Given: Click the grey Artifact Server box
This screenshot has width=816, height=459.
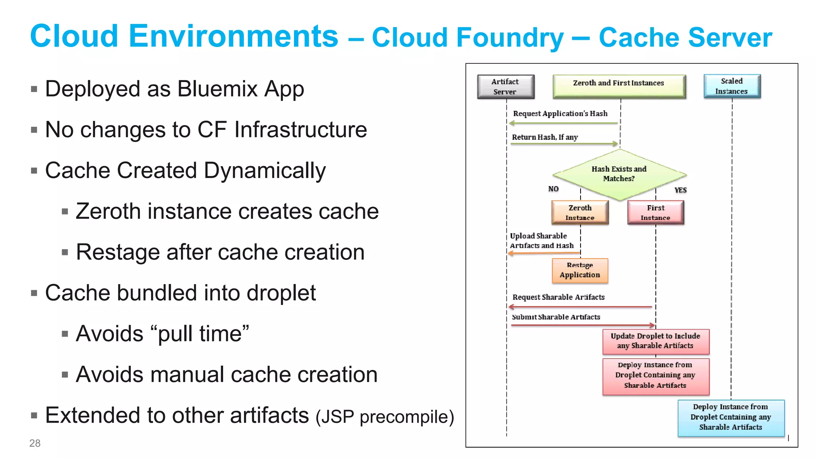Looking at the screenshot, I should (x=505, y=86).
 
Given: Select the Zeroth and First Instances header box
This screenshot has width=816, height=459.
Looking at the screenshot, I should (x=619, y=86).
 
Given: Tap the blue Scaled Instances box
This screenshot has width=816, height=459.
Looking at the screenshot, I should (x=732, y=86).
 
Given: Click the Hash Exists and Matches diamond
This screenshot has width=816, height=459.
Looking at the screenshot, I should (x=619, y=175).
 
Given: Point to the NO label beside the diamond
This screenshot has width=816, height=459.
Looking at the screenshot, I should (x=553, y=189).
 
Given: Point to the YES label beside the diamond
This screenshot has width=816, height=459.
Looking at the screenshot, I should (x=680, y=190).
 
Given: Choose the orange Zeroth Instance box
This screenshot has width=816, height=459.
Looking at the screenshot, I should (x=580, y=212).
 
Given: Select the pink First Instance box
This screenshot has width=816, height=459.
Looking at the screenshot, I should (x=655, y=212).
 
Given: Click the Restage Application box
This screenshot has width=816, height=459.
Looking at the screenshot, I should (x=580, y=270).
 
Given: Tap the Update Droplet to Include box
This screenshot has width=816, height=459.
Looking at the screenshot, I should (x=655, y=341).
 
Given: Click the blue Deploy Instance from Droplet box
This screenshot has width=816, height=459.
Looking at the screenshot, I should (x=731, y=417).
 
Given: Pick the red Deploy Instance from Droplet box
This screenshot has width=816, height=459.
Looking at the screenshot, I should (x=655, y=376).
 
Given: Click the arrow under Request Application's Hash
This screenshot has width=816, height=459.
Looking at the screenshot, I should (x=563, y=123).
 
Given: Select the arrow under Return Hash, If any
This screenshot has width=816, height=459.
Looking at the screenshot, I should (x=563, y=143).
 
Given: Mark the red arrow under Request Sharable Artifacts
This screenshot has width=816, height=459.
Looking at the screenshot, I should (x=580, y=307).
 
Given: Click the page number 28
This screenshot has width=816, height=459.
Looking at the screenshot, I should (x=35, y=443).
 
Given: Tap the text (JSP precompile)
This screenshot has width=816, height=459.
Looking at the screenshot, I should (x=384, y=417).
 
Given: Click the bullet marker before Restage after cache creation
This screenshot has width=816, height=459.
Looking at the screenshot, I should (x=65, y=252).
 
